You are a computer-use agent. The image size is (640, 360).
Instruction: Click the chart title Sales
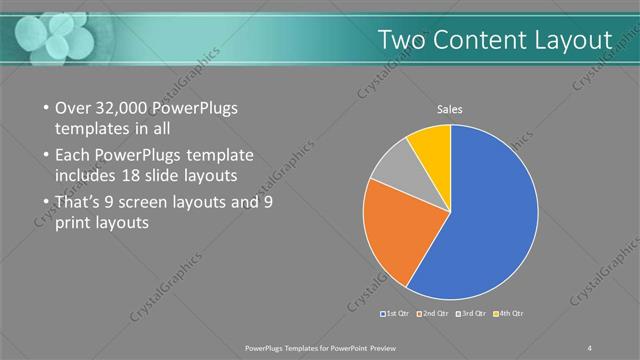tap(450, 109)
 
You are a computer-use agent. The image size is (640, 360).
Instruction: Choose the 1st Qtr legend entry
tap(395, 314)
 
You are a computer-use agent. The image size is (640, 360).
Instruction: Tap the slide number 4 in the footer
tap(590, 348)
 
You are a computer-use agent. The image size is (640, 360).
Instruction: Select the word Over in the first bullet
tap(71, 108)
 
